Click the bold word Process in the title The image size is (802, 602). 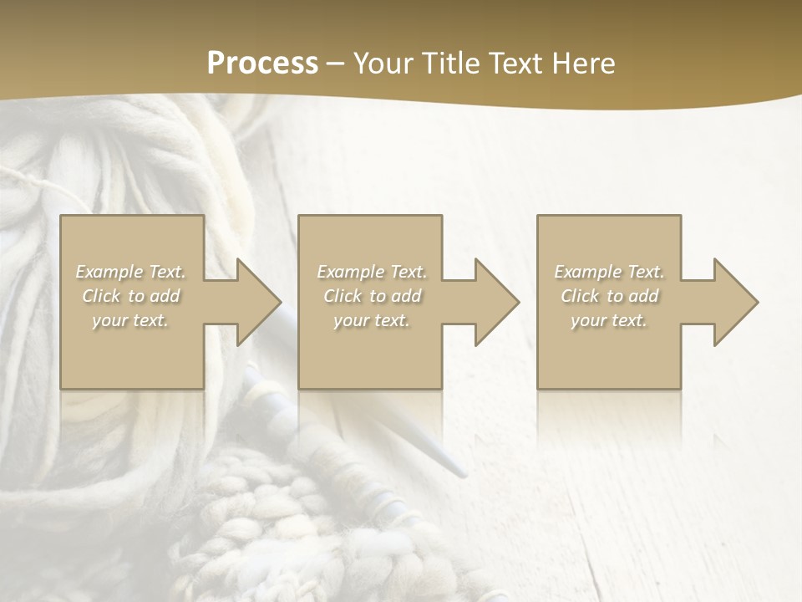tap(262, 64)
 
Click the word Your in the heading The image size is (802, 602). tap(384, 64)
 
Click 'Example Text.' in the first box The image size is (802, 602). tap(131, 272)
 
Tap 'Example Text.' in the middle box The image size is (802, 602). tap(372, 272)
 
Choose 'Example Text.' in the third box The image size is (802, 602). tap(609, 272)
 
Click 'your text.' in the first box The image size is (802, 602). tap(130, 320)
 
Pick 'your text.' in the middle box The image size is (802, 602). tap(371, 320)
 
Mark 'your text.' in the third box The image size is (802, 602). tap(608, 320)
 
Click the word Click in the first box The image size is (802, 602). tap(102, 296)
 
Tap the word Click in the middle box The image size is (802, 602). tap(343, 296)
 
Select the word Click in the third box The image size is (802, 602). tap(581, 296)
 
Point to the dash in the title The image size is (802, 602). tap(336, 64)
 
